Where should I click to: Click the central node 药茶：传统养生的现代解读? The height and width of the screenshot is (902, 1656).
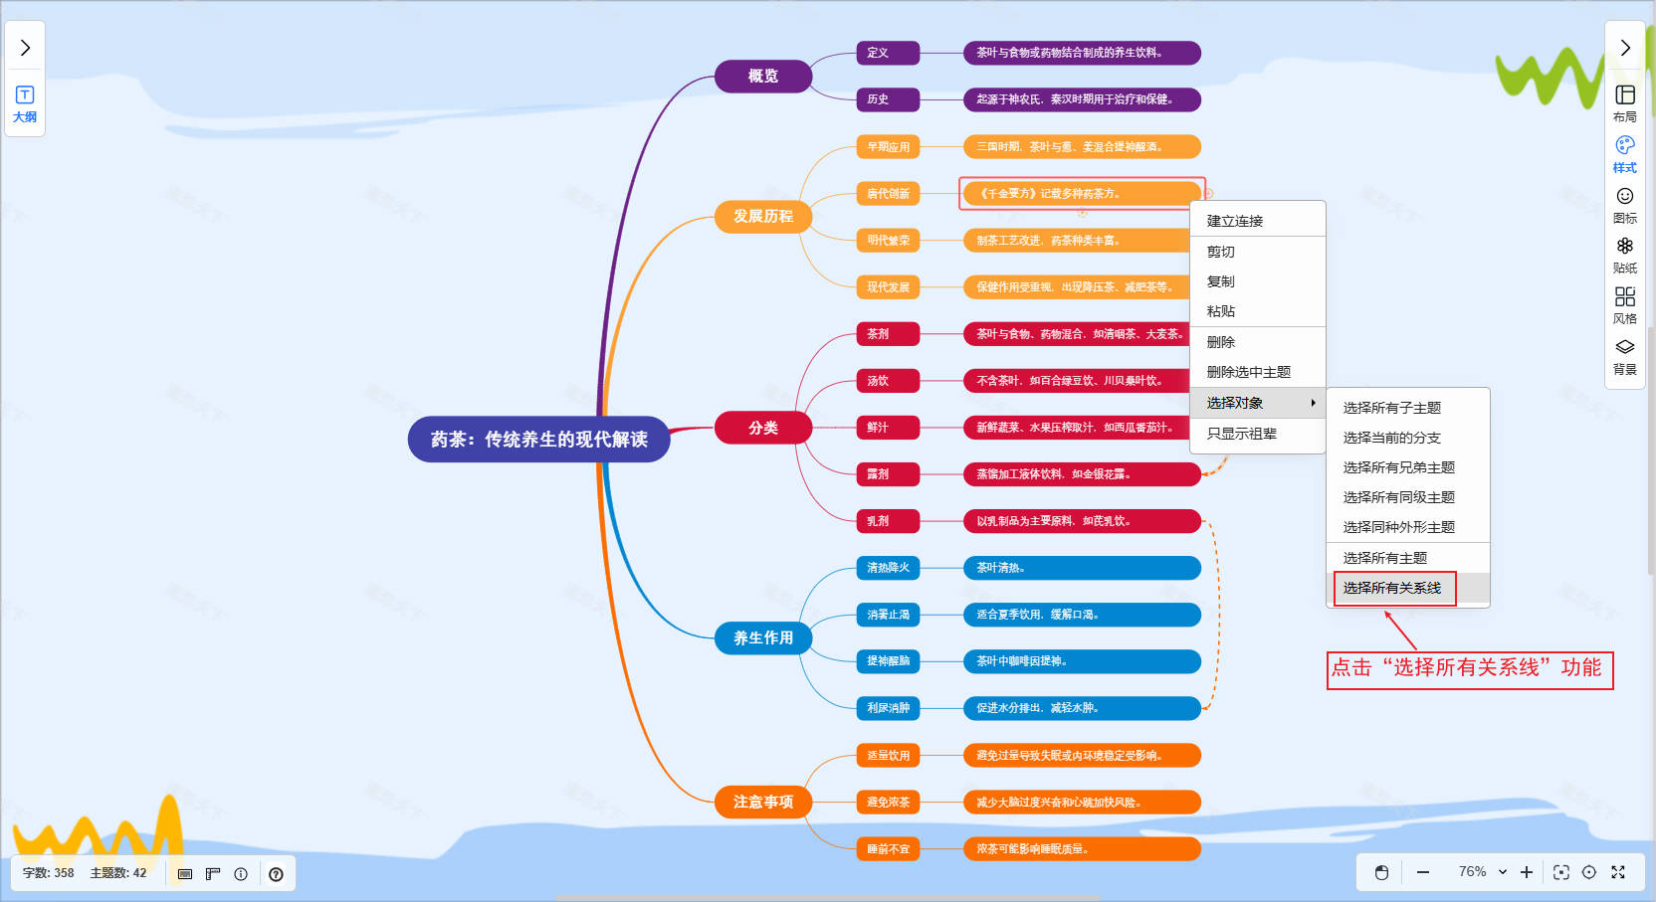tap(538, 440)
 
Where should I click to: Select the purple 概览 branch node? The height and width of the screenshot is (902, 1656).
tap(762, 77)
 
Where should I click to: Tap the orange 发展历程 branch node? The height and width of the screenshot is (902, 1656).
tap(762, 217)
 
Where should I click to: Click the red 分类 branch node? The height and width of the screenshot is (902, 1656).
tap(762, 428)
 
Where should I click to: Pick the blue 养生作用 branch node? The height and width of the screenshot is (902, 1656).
tap(762, 638)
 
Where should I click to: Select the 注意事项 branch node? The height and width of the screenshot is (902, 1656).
tap(762, 803)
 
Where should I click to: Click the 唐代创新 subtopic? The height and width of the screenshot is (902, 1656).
tap(887, 194)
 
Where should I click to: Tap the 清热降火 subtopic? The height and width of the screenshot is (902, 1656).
tap(887, 568)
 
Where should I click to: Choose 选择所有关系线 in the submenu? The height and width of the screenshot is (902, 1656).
tap(1391, 588)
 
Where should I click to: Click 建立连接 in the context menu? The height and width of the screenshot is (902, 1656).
tap(1234, 221)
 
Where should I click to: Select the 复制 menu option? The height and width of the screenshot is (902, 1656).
tap(1220, 281)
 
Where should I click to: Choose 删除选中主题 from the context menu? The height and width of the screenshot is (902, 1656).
tap(1248, 372)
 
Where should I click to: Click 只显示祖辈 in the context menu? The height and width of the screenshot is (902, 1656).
tap(1241, 434)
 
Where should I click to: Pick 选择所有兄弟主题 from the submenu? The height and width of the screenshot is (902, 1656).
tap(1398, 467)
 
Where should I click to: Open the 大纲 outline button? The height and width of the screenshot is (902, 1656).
tap(25, 103)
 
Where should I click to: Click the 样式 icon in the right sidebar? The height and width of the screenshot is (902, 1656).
tap(1624, 153)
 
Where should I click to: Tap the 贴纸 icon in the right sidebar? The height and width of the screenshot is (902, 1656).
tap(1624, 254)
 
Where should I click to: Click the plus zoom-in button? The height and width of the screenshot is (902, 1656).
tap(1527, 872)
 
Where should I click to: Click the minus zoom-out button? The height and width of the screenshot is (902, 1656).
tap(1423, 872)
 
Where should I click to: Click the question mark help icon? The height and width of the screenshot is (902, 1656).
tap(276, 874)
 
